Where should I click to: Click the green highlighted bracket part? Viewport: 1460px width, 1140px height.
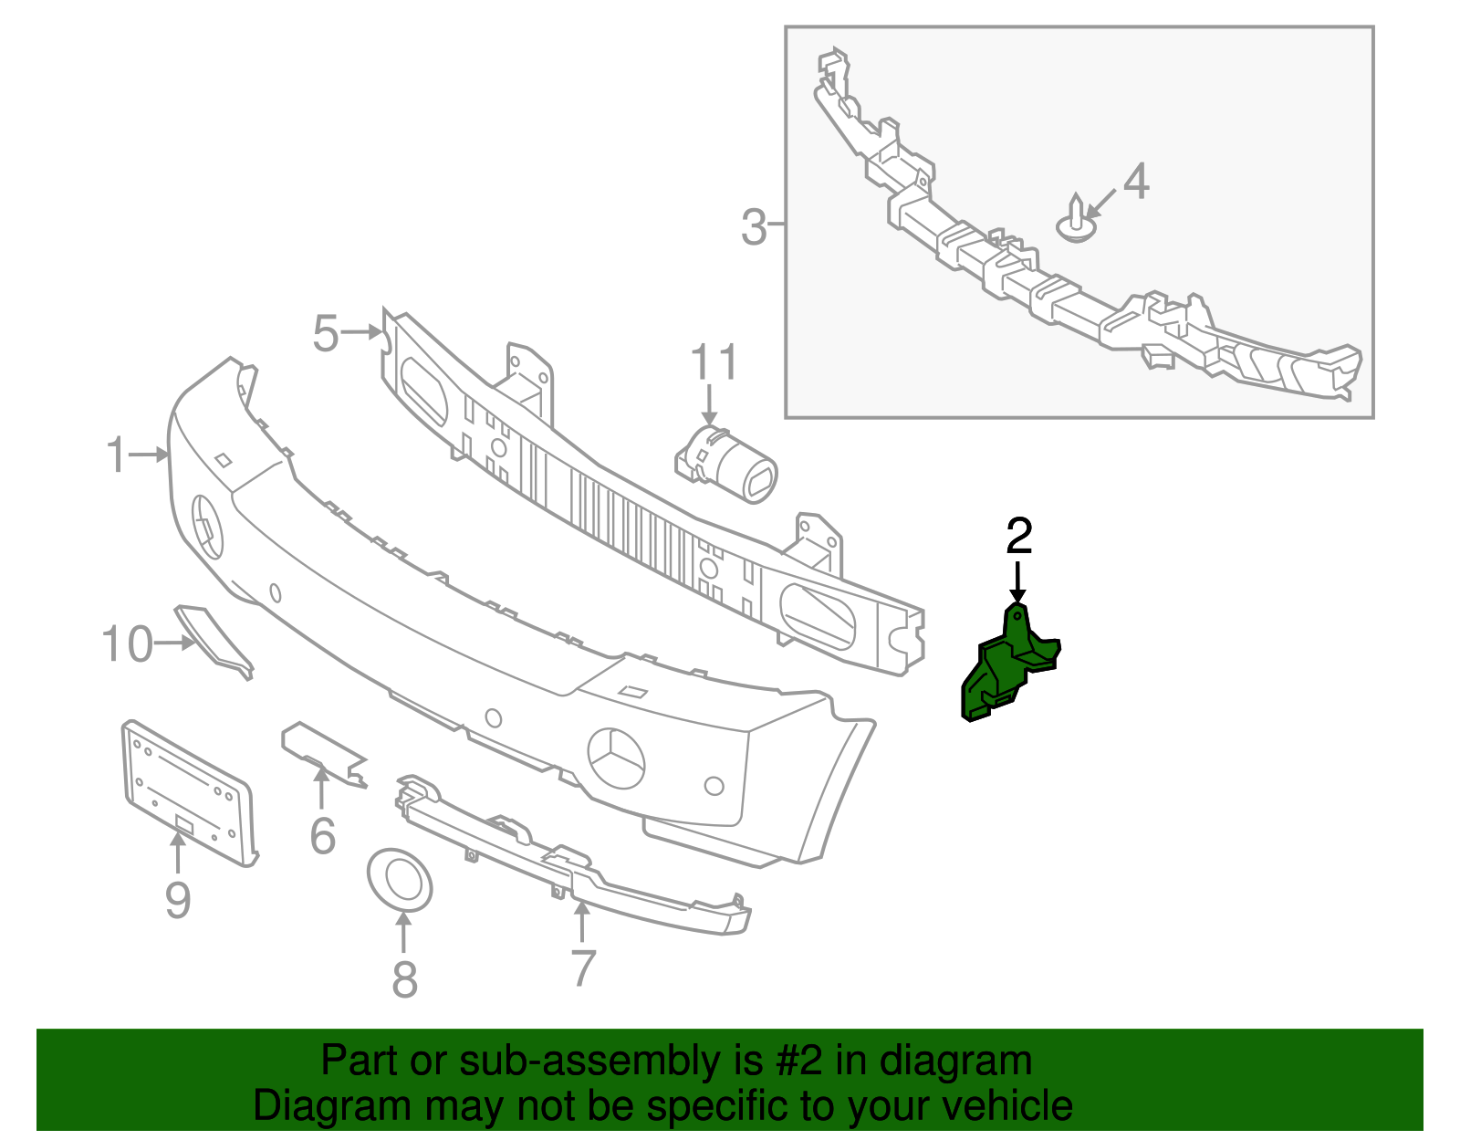point(999,671)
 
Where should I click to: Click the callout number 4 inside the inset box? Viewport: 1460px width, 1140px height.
point(1135,182)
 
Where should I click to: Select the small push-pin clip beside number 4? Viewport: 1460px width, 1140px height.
point(1078,222)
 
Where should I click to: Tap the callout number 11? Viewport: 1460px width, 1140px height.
point(713,363)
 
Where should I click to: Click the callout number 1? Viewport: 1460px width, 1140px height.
point(116,455)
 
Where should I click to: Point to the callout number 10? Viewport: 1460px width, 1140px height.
point(127,644)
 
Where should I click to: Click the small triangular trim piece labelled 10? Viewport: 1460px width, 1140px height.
point(214,639)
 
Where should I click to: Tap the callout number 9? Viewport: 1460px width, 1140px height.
point(178,901)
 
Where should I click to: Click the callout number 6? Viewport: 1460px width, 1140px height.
point(322,836)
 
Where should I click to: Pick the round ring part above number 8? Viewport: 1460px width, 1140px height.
point(400,880)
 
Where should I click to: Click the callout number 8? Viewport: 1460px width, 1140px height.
point(404,981)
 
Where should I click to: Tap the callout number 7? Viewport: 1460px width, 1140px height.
point(583,967)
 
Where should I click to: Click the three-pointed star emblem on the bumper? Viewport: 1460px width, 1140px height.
point(616,758)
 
